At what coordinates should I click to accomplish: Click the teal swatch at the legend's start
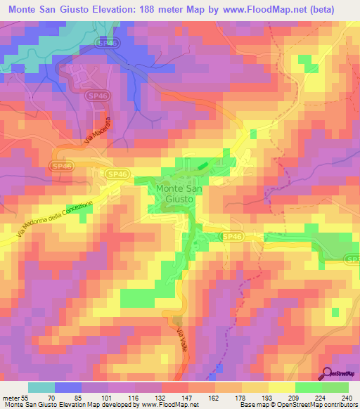[41, 387]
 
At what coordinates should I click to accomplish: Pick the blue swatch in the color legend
[68, 387]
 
